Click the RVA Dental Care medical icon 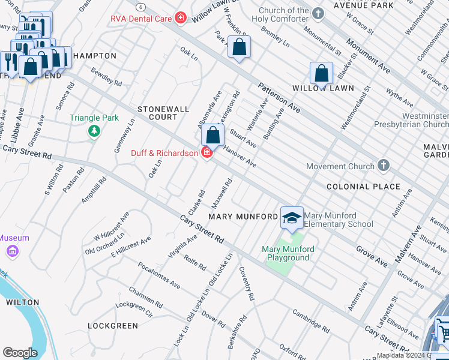pyautogui.click(x=180, y=18)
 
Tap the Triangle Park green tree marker pyautogui.click(x=94, y=131)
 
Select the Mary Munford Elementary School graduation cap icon pyautogui.click(x=292, y=218)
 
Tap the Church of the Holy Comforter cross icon pyautogui.click(x=319, y=12)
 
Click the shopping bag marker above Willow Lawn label pyautogui.click(x=321, y=74)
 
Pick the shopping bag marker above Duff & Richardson pyautogui.click(x=212, y=135)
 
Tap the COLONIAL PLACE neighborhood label pyautogui.click(x=363, y=187)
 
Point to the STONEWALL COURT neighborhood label pyautogui.click(x=163, y=113)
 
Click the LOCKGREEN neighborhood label pyautogui.click(x=112, y=326)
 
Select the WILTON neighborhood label pyautogui.click(x=23, y=302)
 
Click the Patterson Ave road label pyautogui.click(x=279, y=98)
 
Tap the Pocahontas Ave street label pyautogui.click(x=159, y=275)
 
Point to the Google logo pyautogui.click(x=20, y=352)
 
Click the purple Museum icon pyautogui.click(x=12, y=251)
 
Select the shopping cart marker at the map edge pyautogui.click(x=443, y=331)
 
